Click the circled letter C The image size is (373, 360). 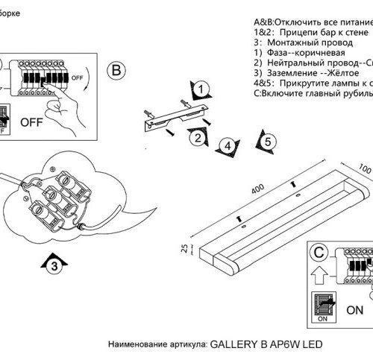319,251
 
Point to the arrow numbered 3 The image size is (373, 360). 51,262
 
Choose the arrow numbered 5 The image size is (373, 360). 266,142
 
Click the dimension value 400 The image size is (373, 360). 258,188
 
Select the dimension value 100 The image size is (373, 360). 363,168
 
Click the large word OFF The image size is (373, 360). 32,120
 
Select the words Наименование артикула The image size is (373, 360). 154,346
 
